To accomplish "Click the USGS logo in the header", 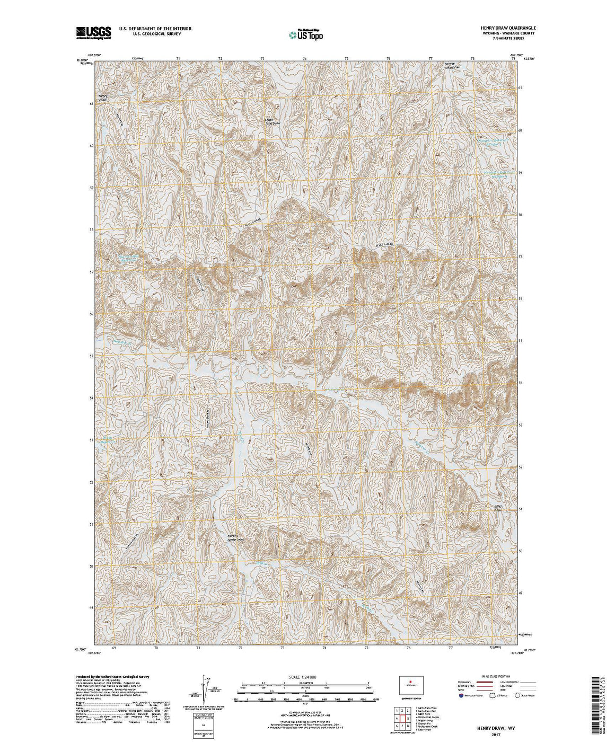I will click(93, 33).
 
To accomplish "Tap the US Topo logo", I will click(305, 34).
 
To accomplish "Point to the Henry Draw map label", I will click(103, 98).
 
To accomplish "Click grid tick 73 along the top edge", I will click(262, 58).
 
